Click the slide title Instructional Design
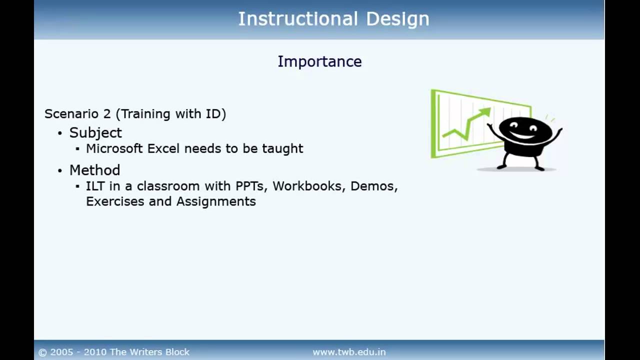333,19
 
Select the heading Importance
319,61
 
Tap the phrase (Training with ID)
171,114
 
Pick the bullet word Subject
95,132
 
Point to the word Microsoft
114,148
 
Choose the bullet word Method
94,170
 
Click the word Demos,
373,186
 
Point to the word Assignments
216,202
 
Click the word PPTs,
252,186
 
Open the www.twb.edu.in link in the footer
349,352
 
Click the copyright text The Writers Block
149,352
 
